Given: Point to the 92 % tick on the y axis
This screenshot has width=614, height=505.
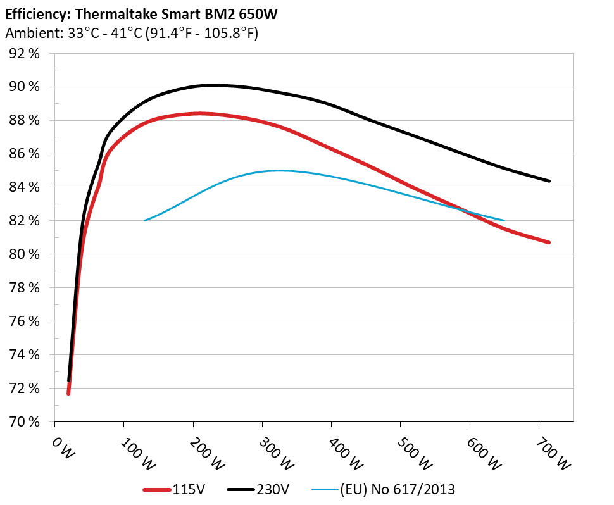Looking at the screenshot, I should click(26, 54).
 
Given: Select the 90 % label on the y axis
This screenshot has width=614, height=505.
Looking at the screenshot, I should click(26, 87).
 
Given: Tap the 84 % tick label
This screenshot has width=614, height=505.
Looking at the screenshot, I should click(26, 187).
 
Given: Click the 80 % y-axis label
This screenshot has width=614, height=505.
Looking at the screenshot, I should click(26, 254).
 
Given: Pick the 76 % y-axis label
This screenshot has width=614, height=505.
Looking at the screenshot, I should click(26, 321).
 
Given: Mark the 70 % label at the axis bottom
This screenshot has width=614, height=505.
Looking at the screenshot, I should click(26, 421).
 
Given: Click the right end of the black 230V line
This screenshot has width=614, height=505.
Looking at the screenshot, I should click(549, 181).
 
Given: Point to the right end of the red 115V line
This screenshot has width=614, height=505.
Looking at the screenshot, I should click(549, 242).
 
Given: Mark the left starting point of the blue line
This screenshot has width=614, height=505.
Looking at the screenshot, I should click(145, 220).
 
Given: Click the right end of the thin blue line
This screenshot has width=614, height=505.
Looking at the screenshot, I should click(504, 220).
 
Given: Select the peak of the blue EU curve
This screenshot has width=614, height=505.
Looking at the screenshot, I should click(279, 170).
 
